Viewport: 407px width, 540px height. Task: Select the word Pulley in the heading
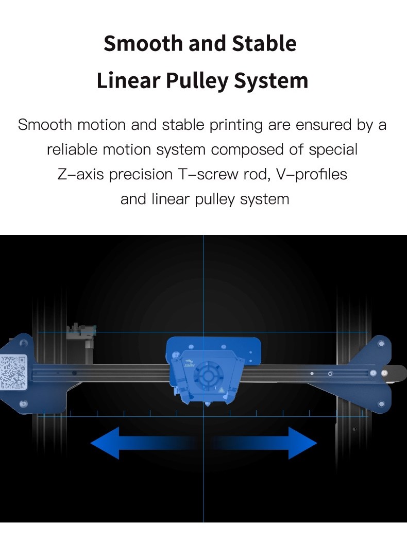click(197, 81)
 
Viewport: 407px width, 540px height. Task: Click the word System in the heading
click(271, 81)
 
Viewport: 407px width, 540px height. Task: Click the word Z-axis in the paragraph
click(80, 174)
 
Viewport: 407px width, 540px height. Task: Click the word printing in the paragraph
click(236, 125)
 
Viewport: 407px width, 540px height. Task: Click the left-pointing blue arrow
click(141, 443)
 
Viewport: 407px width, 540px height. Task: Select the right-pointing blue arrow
click(265, 443)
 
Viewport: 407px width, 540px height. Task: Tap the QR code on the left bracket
click(13, 373)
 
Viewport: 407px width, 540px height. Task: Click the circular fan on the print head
click(208, 376)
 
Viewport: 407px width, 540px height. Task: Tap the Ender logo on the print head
click(190, 364)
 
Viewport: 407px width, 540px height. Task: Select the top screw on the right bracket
click(381, 344)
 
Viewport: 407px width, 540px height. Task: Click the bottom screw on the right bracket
click(381, 404)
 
